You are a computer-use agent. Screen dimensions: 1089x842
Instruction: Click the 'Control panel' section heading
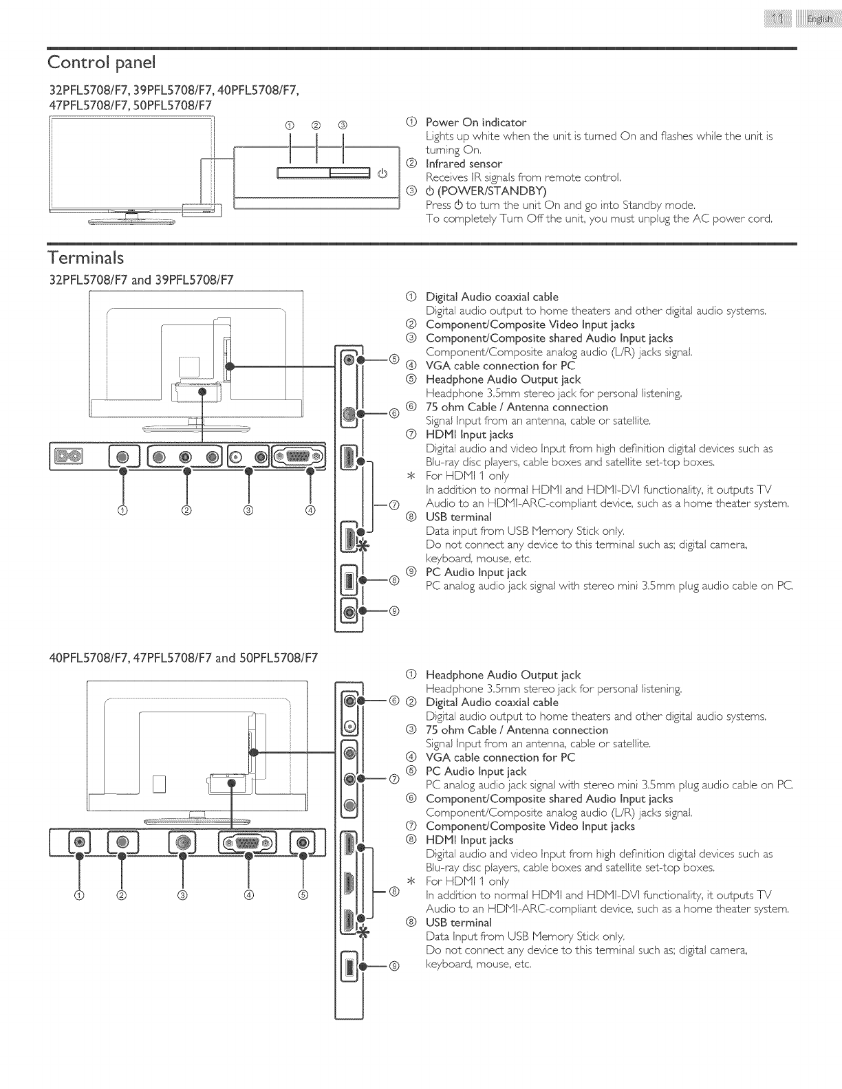pos(102,63)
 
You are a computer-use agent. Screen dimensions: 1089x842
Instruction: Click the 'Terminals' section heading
pos(86,258)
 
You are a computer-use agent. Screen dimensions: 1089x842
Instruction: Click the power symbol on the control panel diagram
pos(383,173)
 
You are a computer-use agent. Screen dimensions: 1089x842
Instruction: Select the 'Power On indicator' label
pos(475,122)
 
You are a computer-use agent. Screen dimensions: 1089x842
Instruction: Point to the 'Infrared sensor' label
pos(464,164)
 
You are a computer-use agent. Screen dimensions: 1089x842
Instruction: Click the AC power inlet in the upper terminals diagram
pos(72,456)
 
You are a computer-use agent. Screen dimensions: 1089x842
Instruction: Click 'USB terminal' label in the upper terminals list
pos(458,517)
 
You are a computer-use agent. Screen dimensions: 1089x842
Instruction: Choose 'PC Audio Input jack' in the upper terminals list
pos(475,572)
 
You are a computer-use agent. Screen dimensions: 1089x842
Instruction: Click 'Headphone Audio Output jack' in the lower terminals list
pos(503,675)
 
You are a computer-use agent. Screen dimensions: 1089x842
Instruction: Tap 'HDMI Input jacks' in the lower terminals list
pos(469,840)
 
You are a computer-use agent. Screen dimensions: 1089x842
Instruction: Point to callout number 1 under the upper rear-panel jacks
pos(123,510)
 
